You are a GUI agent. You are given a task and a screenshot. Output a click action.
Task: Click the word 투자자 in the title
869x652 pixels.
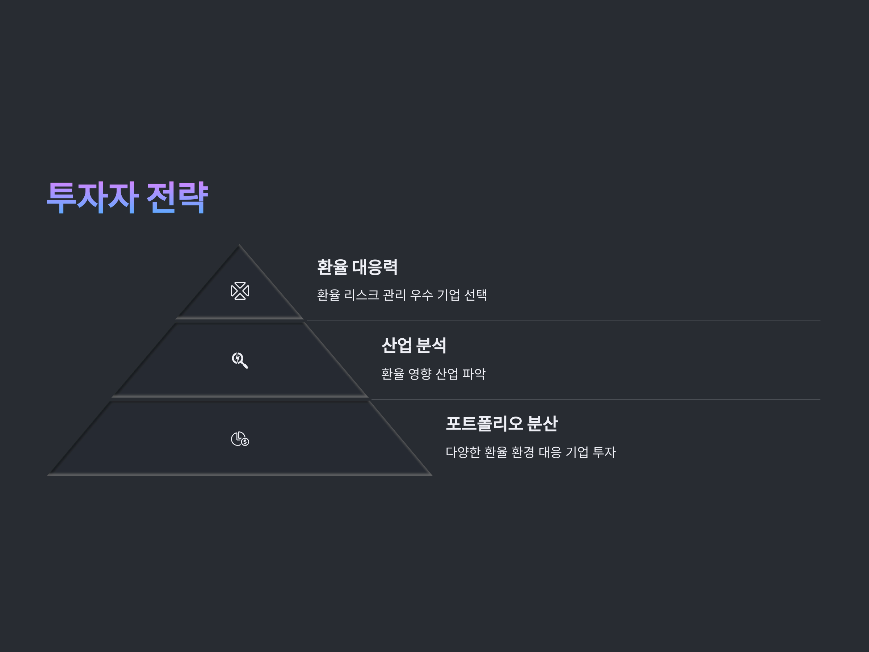click(x=92, y=197)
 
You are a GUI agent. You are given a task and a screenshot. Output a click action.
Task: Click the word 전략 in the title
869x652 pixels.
click(x=177, y=197)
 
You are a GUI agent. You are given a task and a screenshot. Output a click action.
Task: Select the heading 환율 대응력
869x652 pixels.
click(x=357, y=267)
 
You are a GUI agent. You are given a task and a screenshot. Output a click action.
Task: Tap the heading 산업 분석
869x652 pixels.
click(x=413, y=346)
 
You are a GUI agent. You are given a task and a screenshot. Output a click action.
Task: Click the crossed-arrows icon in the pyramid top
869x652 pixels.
click(x=240, y=291)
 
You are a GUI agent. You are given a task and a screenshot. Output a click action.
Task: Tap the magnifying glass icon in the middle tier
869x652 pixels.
click(x=240, y=360)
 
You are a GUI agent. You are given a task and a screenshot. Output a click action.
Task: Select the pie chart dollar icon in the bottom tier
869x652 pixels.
click(x=240, y=439)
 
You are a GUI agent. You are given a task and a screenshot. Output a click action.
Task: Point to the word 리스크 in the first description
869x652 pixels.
click(x=361, y=295)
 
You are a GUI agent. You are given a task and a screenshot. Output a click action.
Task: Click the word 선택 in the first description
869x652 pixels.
click(x=476, y=295)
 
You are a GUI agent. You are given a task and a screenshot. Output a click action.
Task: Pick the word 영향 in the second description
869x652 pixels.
click(x=420, y=373)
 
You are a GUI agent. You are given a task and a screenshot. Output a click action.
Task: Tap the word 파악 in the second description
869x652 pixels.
click(x=474, y=373)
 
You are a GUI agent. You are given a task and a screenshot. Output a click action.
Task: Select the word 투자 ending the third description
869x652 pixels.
click(x=604, y=452)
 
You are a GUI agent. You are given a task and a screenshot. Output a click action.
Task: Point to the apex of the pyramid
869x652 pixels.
click(x=239, y=246)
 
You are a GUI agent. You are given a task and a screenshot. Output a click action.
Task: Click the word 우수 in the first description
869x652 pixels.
click(x=421, y=295)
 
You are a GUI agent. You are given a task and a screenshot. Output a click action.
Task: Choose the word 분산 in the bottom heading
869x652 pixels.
click(x=542, y=424)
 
